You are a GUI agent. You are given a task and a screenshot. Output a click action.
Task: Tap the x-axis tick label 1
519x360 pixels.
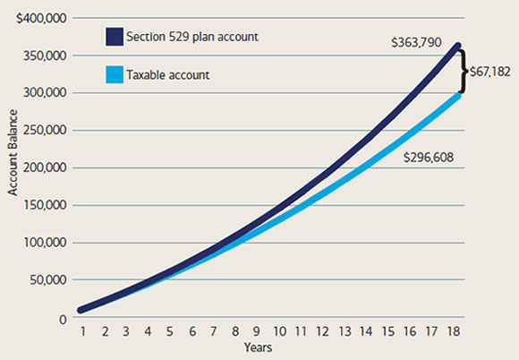click(x=81, y=330)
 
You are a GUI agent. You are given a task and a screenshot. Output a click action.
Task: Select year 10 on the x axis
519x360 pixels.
click(x=281, y=330)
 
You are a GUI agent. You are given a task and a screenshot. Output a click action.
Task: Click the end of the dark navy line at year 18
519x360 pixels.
click(x=459, y=45)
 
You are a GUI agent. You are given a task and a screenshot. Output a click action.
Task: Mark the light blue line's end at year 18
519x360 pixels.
click(x=459, y=93)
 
